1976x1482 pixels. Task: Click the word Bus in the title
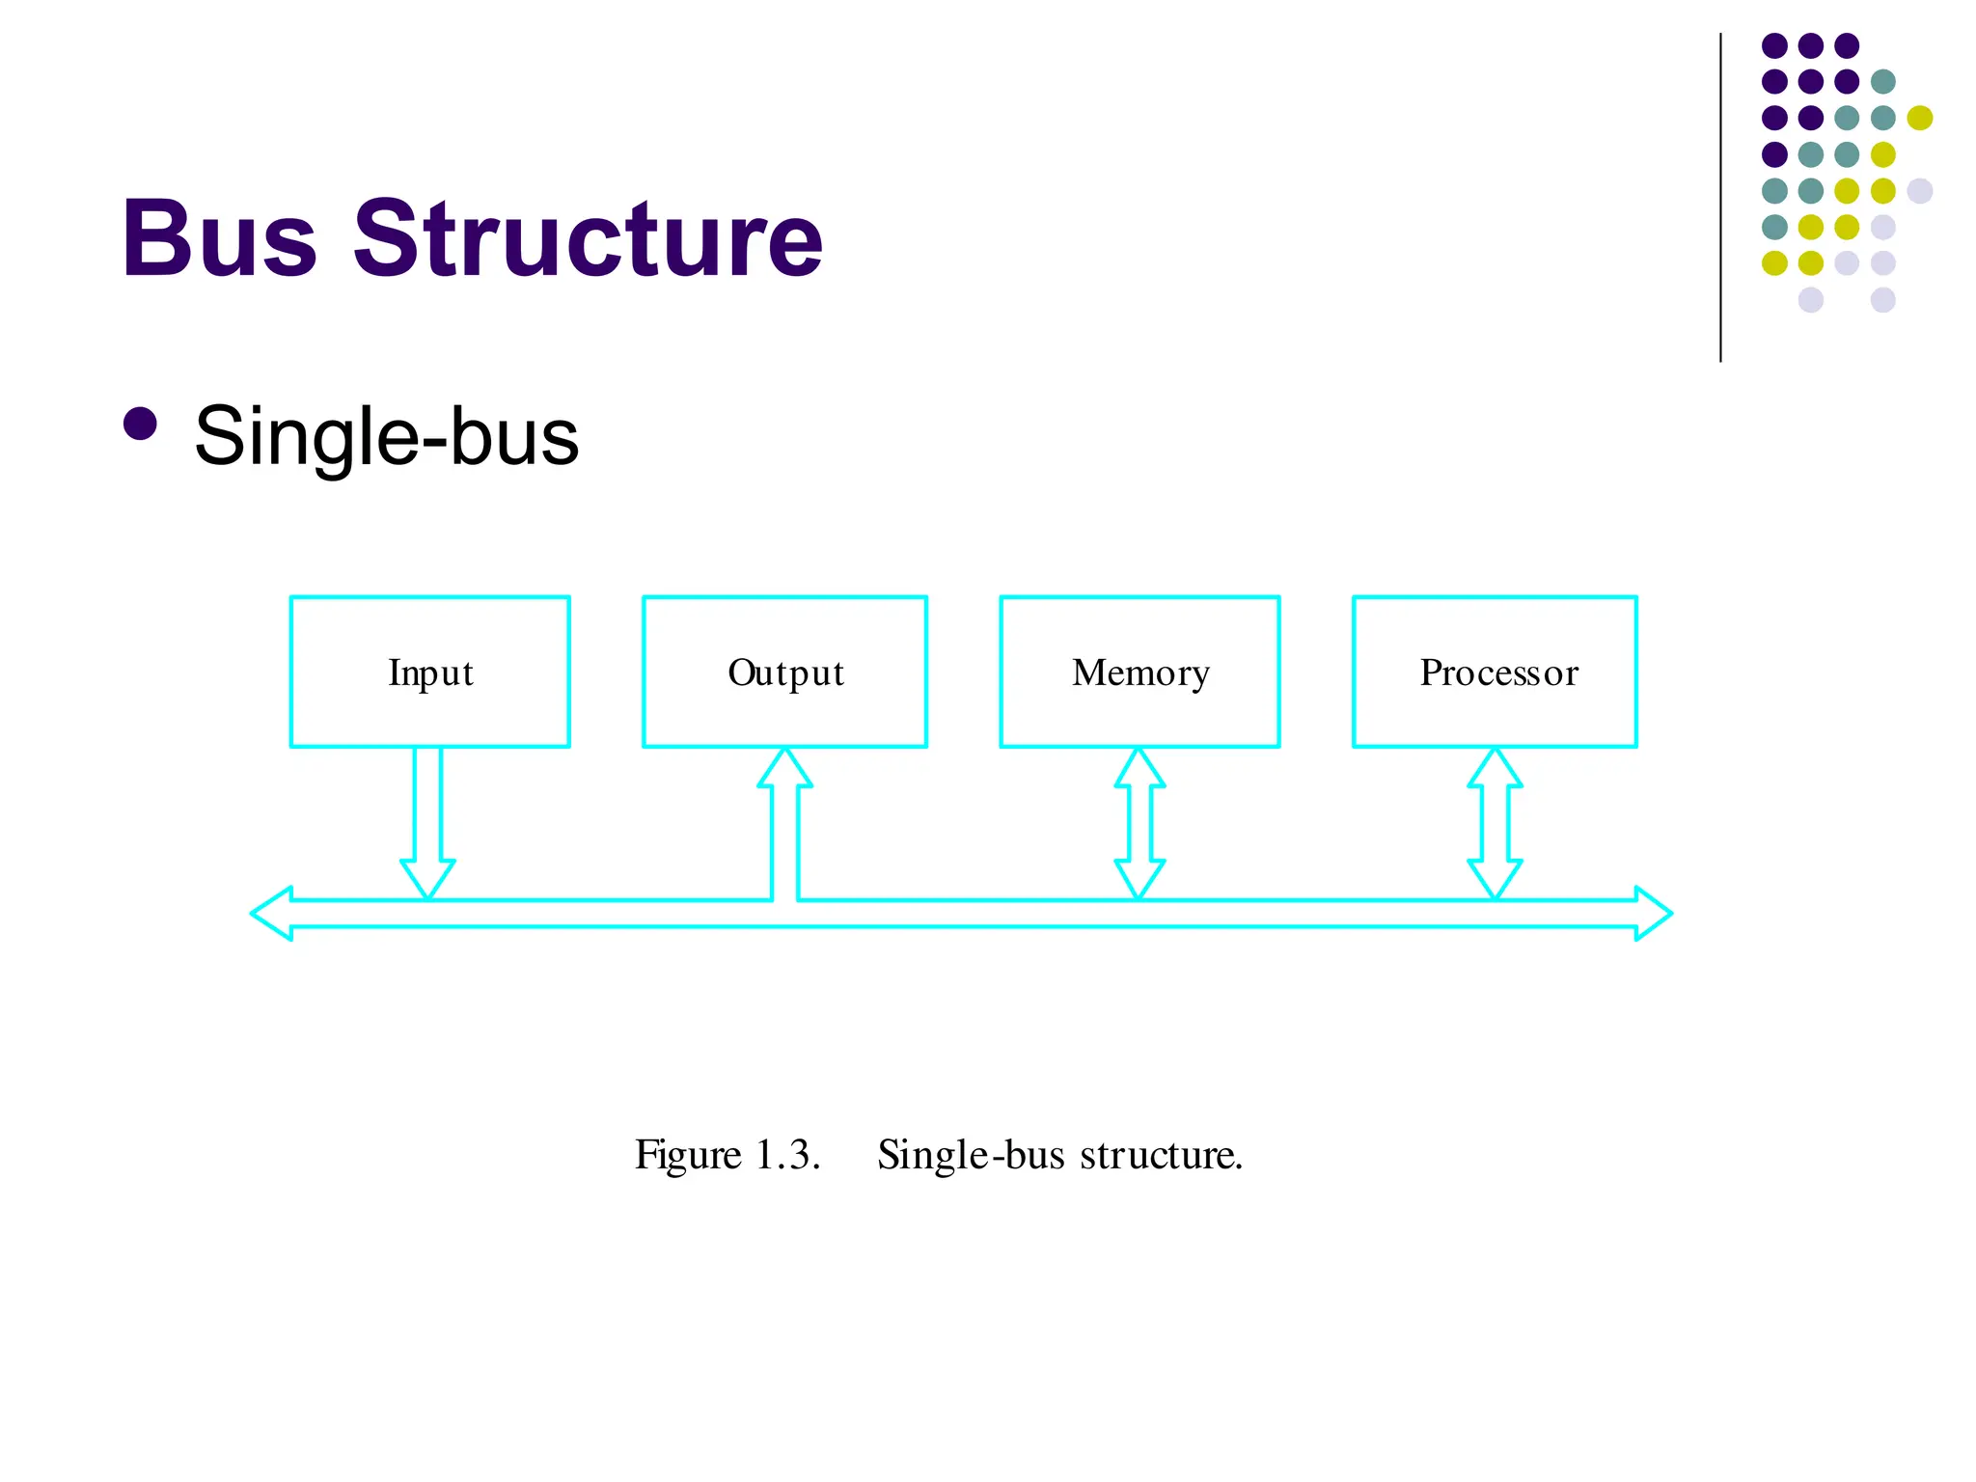(219, 238)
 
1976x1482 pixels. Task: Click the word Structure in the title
(588, 238)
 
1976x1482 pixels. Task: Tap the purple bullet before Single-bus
(141, 424)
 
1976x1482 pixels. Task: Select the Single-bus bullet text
(386, 437)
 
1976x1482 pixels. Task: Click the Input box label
(430, 672)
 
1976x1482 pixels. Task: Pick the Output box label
(785, 672)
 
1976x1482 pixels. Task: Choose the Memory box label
(1140, 672)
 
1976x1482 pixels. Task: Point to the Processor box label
(1498, 672)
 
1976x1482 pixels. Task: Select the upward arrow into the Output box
(784, 820)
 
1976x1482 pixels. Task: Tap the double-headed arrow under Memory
(1139, 823)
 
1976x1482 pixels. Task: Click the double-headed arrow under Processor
(1495, 823)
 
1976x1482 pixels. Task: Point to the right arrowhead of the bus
(1652, 913)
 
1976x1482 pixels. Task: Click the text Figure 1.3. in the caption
(727, 1155)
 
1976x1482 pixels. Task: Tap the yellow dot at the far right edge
(1919, 118)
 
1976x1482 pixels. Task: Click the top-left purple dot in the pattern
(1774, 45)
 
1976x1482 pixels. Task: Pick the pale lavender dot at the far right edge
(1919, 191)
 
